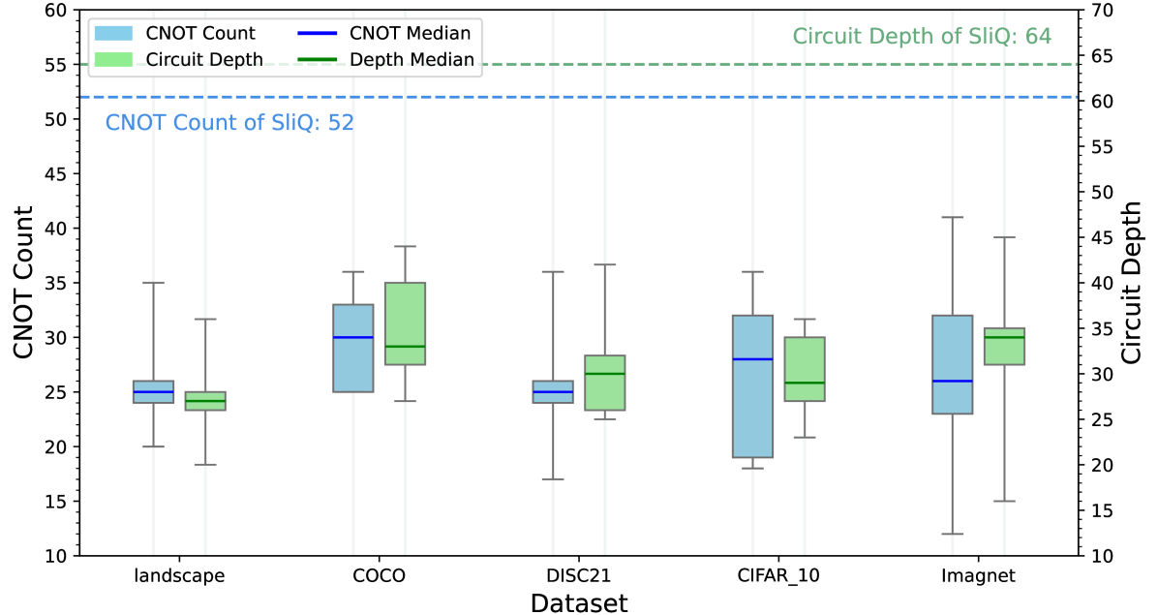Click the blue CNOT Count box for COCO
click(353, 363)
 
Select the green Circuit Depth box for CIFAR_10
click(805, 368)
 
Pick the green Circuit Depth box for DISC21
click(605, 383)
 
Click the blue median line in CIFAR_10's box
click(753, 359)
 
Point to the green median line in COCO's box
click(405, 347)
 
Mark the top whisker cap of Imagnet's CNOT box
click(953, 217)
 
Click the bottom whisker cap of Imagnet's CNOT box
click(953, 534)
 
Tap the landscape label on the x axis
click(180, 576)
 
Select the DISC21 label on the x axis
click(579, 576)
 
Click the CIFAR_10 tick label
click(778, 576)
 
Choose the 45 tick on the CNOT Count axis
click(58, 174)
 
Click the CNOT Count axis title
click(25, 283)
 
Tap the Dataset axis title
click(579, 603)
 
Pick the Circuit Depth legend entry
click(204, 60)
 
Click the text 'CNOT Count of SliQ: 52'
click(229, 123)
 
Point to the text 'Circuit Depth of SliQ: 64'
click(922, 38)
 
